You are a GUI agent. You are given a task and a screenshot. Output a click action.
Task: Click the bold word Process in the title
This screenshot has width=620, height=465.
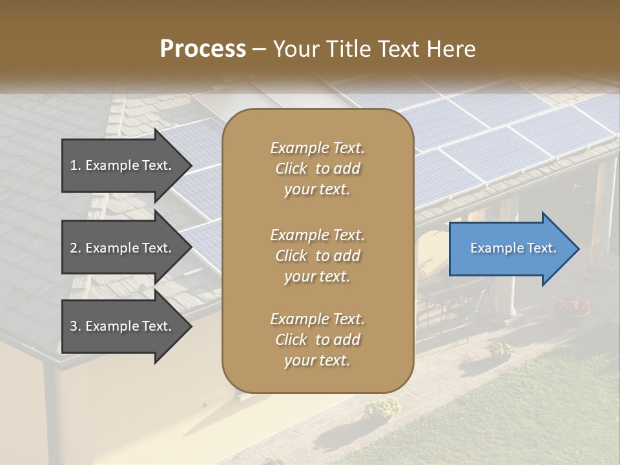(x=203, y=49)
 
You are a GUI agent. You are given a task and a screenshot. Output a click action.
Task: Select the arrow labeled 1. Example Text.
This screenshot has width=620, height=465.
(x=123, y=165)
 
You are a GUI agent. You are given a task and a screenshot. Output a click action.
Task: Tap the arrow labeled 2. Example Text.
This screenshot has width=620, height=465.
(x=123, y=248)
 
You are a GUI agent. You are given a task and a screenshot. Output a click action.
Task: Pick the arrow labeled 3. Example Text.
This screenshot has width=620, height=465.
(x=123, y=326)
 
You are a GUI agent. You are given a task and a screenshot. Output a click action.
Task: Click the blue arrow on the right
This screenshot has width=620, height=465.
(x=510, y=249)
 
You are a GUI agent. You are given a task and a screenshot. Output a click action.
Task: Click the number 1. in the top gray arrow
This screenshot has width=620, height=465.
(x=76, y=165)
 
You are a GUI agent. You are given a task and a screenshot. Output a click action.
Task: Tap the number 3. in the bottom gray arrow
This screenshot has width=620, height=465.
(x=76, y=326)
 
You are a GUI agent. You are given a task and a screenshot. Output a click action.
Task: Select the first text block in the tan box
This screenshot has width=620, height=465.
(x=317, y=169)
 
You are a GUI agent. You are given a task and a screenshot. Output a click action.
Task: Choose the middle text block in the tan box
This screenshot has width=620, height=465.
(x=317, y=256)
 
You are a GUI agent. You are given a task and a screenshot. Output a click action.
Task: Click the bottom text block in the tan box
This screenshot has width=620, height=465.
(x=317, y=340)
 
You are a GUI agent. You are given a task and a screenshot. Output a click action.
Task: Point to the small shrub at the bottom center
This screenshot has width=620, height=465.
(x=382, y=408)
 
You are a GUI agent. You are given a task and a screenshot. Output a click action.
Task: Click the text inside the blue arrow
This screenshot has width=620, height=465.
(x=513, y=248)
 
